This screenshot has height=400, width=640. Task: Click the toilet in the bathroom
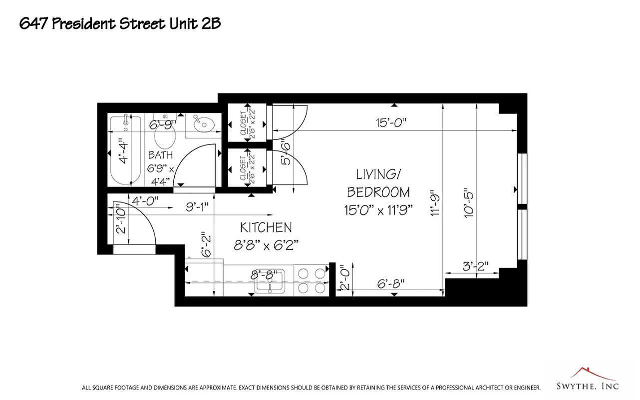(165, 133)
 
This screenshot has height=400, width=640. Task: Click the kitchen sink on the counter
(270, 281)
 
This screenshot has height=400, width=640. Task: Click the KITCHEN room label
(266, 227)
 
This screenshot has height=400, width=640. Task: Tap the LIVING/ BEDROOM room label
(378, 183)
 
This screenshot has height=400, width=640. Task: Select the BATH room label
(160, 155)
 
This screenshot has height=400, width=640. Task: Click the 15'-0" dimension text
(392, 123)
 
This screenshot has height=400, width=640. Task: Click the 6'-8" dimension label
(391, 283)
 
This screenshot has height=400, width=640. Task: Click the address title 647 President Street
(120, 23)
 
